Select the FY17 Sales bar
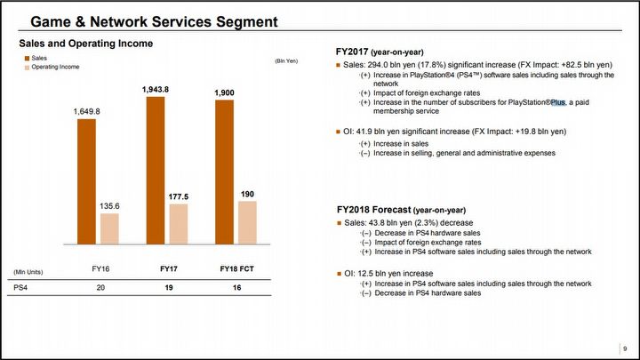coord(155,170)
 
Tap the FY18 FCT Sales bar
coord(224,172)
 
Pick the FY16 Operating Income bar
coord(109,228)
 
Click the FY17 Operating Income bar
coord(178,223)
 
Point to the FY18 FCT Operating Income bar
coord(247,221)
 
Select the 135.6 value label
coord(109,207)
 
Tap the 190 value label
coord(247,194)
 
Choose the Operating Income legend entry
coord(52,68)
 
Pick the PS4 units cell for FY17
coord(168,289)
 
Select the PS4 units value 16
coord(236,289)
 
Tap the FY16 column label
coord(100,268)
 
